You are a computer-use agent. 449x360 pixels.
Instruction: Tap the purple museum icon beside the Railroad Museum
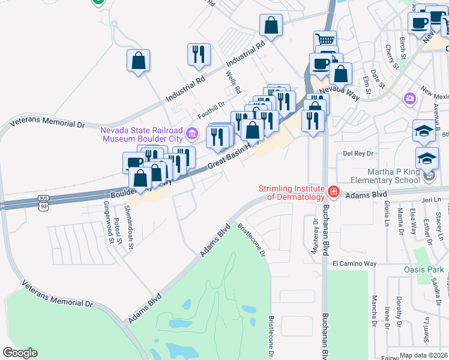tap(191, 133)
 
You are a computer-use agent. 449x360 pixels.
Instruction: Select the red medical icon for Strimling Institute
tap(333, 193)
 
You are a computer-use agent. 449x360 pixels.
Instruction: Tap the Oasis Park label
tap(424, 269)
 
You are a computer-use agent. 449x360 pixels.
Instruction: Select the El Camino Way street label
tap(354, 263)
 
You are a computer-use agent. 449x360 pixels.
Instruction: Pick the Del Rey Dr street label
tap(358, 154)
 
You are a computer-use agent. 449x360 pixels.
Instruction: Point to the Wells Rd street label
tap(234, 82)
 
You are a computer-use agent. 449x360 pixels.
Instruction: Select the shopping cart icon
tap(325, 40)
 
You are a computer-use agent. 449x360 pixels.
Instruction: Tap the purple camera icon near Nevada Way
tap(410, 98)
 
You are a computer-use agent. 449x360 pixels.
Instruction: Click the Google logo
tap(20, 353)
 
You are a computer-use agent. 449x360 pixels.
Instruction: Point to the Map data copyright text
tap(424, 355)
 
